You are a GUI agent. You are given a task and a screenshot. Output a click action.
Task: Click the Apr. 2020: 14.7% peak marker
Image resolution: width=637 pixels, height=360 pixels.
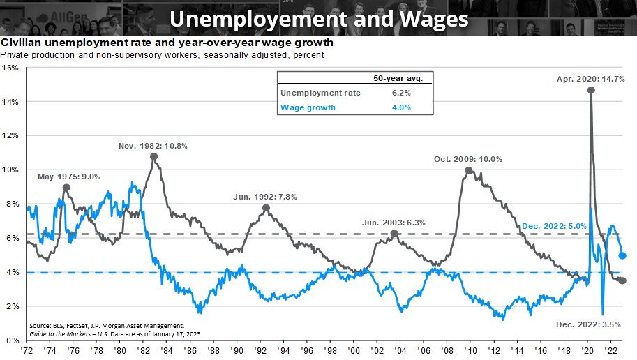(x=591, y=90)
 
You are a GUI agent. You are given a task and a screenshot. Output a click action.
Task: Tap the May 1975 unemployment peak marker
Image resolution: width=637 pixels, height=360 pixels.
(x=66, y=187)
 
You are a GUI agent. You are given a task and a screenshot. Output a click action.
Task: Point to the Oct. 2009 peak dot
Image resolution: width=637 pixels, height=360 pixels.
(x=469, y=170)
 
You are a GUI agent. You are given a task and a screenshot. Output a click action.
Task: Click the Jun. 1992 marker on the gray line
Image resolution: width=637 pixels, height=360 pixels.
(x=266, y=208)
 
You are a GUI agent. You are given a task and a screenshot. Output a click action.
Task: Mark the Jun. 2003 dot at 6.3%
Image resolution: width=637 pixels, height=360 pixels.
(x=394, y=234)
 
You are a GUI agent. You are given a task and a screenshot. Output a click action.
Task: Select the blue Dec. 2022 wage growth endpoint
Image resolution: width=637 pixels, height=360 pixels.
(x=622, y=255)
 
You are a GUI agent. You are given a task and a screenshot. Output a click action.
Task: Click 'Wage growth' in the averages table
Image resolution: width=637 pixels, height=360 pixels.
(x=308, y=107)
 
